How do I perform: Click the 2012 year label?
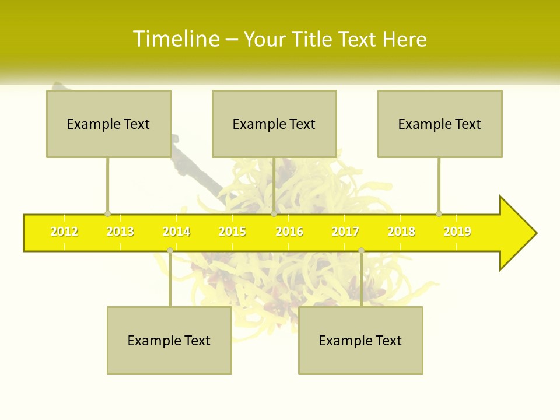pos(64,232)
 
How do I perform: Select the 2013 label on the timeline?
pos(120,232)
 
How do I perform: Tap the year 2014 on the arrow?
pos(176,232)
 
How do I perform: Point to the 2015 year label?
pos(232,232)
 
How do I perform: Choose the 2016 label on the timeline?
pos(289,232)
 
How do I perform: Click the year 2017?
pos(345,232)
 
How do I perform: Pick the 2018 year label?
pos(401,232)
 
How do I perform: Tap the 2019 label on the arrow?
pos(457,232)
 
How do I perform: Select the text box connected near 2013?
pos(108,124)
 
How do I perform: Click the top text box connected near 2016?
pos(274,124)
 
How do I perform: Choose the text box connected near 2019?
pos(440,124)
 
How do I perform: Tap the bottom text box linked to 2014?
pos(169,340)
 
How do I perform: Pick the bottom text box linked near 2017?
pos(360,340)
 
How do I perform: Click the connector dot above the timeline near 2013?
pos(107,213)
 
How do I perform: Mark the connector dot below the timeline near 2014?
pos(170,250)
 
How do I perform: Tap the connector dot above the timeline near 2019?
pos(439,213)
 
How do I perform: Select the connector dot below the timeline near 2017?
pos(361,250)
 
